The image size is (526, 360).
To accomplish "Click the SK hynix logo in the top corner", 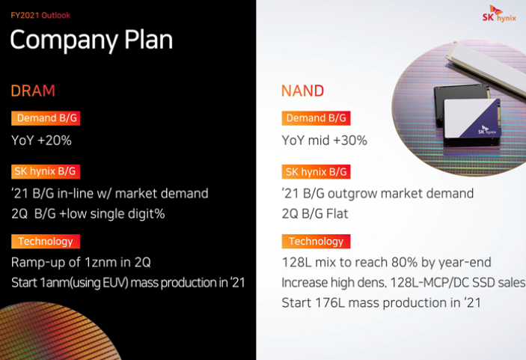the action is pos(499,13).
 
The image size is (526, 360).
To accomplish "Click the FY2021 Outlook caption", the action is pos(40,15).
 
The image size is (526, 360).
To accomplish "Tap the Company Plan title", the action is pos(91,40).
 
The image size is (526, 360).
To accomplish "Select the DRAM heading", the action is pos(33,91).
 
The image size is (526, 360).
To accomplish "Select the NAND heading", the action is pos(302,91).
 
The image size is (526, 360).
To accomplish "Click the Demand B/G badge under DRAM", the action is pos(46,118).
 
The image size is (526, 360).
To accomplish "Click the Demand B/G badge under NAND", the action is pos(316,118).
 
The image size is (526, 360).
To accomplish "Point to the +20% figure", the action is pos(55,140).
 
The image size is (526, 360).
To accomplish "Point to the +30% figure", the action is pos(350,140).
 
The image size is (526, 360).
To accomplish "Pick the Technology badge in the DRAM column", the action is pos(46,241).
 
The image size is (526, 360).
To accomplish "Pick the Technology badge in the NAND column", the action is pos(316,241).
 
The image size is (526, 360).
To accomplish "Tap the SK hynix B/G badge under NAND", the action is pos(316,172).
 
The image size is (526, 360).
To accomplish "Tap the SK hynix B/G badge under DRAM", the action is pos(46,171).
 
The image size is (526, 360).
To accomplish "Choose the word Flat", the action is pos(337,214).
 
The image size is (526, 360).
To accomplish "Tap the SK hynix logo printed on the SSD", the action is pos(487,129).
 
